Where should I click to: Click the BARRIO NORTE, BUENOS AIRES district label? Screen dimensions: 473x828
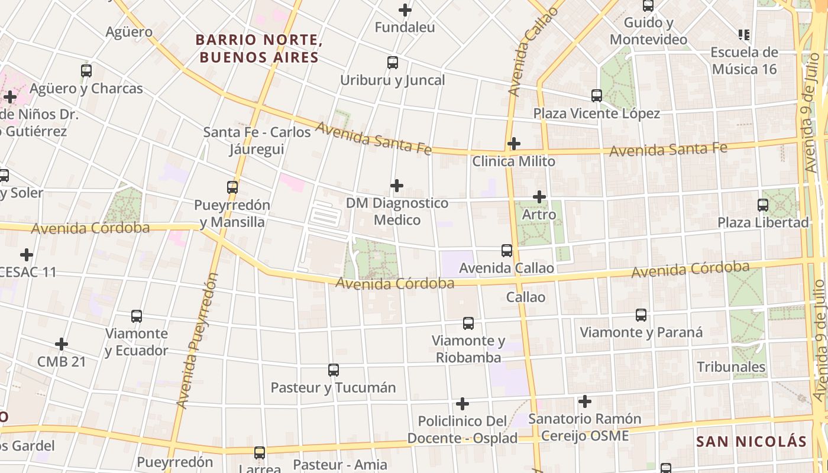(258, 48)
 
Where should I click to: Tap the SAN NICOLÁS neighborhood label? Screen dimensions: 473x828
(751, 442)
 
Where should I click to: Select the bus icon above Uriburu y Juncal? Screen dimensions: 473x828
(392, 63)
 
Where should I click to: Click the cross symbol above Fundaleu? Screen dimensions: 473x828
(405, 10)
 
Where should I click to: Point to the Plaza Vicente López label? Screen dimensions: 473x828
(596, 114)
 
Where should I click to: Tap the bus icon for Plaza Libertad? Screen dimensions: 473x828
(763, 206)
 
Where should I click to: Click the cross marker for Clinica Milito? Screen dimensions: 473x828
(513, 144)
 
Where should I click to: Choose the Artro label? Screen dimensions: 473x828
(539, 215)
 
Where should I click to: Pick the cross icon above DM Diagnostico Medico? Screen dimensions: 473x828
(396, 186)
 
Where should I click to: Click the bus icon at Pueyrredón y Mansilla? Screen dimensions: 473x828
(232, 188)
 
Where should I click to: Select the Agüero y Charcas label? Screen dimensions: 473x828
(86, 89)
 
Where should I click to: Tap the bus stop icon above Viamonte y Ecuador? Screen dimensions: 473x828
(137, 316)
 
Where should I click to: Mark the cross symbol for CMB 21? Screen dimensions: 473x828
(62, 344)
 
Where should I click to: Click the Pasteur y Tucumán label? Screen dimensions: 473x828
(333, 388)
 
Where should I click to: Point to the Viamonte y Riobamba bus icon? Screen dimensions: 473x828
(468, 323)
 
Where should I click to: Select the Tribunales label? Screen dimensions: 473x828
(731, 367)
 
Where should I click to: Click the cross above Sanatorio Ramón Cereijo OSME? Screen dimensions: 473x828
(584, 402)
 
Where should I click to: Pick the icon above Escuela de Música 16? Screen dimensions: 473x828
(743, 35)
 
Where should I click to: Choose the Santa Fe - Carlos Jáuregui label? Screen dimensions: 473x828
(257, 141)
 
